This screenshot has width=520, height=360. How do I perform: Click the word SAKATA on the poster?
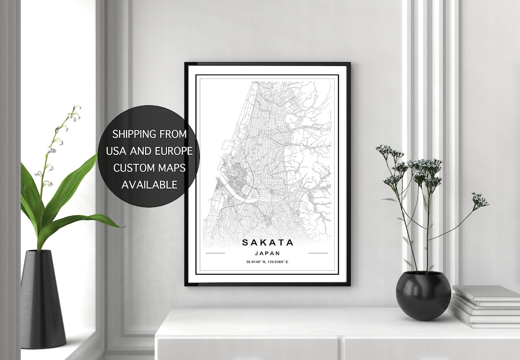(267, 242)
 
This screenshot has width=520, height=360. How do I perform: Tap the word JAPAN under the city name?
(267, 253)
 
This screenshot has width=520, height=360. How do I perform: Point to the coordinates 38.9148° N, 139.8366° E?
(267, 262)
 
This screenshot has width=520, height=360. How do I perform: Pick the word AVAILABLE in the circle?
(149, 184)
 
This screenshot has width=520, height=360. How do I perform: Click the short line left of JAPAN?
(215, 253)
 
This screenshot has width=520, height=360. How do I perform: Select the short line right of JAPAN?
(318, 253)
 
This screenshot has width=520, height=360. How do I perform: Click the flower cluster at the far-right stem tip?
(480, 199)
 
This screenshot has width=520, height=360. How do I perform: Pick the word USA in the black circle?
(116, 151)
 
